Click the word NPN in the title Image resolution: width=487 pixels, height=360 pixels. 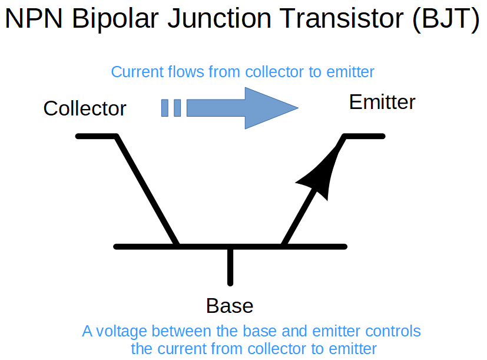click(34, 19)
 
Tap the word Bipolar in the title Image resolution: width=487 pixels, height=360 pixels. click(115, 19)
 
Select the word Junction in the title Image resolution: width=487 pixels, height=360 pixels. click(220, 19)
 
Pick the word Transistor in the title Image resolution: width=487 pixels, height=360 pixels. click(341, 18)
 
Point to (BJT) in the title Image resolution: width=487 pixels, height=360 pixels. click(446, 19)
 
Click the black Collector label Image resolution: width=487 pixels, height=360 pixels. click(85, 108)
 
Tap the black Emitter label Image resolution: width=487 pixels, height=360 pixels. click(382, 102)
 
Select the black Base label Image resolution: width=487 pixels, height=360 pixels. click(230, 306)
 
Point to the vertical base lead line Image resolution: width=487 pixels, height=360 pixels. click(230, 266)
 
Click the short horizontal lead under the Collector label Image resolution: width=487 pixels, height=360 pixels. click(97, 136)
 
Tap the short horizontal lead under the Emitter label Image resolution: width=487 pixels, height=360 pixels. click(364, 136)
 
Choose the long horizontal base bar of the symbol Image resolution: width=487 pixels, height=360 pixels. click(230, 247)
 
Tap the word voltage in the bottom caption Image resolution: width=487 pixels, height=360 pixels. click(121, 331)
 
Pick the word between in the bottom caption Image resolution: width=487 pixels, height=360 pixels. click(182, 331)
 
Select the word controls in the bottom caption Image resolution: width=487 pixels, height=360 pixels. click(393, 331)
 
